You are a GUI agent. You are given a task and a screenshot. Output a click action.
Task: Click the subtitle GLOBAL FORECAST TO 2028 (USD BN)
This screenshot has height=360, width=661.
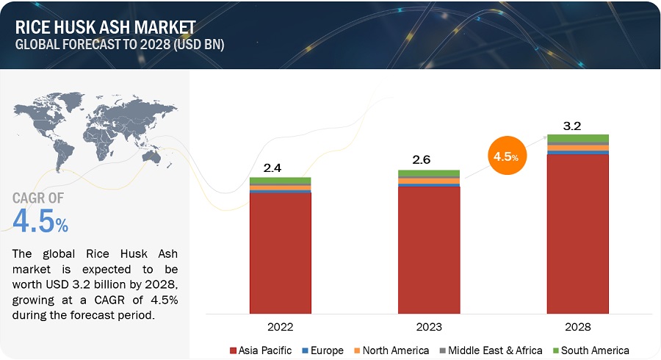(119, 44)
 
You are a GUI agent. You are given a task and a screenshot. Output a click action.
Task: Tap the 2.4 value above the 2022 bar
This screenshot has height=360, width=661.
(272, 168)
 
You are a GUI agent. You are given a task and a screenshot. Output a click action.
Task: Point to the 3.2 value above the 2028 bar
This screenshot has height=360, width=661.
(572, 126)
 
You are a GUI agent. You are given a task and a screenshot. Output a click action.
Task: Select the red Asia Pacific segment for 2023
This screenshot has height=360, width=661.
(429, 250)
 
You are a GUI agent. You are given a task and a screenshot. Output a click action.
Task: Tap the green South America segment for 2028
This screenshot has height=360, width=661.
(577, 138)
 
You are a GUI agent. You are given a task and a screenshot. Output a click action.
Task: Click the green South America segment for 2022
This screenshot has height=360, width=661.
(280, 181)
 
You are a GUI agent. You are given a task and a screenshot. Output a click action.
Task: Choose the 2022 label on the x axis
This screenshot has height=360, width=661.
(280, 326)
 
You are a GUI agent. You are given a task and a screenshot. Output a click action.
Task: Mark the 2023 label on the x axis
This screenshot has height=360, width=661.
(429, 326)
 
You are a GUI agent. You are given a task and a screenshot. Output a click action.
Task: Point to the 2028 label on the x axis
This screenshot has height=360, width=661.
(577, 326)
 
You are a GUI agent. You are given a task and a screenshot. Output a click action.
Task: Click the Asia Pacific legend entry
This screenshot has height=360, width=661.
(261, 350)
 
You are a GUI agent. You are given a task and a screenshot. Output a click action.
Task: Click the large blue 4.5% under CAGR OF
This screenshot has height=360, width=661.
(40, 221)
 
